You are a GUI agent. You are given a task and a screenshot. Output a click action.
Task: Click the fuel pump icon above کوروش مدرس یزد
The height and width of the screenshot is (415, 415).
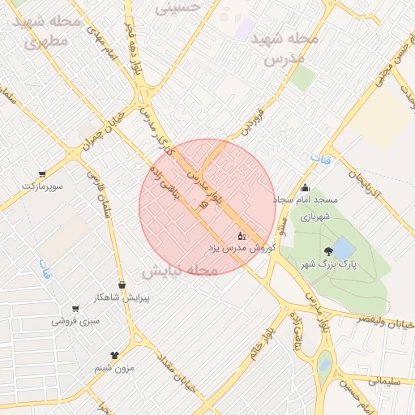click(241, 235)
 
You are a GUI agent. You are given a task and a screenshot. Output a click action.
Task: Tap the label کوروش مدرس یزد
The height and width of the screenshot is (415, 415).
click(243, 246)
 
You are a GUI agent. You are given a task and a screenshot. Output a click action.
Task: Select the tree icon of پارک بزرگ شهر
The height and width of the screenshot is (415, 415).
click(327, 251)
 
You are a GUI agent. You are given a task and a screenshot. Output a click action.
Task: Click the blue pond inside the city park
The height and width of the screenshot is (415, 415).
click(344, 247)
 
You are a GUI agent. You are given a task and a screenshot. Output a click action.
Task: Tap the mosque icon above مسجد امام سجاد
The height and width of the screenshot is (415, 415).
click(306, 188)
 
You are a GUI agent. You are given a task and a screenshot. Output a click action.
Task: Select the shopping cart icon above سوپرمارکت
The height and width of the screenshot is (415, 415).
click(41, 174)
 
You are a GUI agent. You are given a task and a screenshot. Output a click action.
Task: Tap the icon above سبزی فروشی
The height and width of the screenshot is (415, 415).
click(75, 309)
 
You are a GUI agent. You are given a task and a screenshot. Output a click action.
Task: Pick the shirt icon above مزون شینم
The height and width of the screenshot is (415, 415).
click(113, 355)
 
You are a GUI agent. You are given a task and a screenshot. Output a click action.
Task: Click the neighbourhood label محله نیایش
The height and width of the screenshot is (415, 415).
click(180, 270)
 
